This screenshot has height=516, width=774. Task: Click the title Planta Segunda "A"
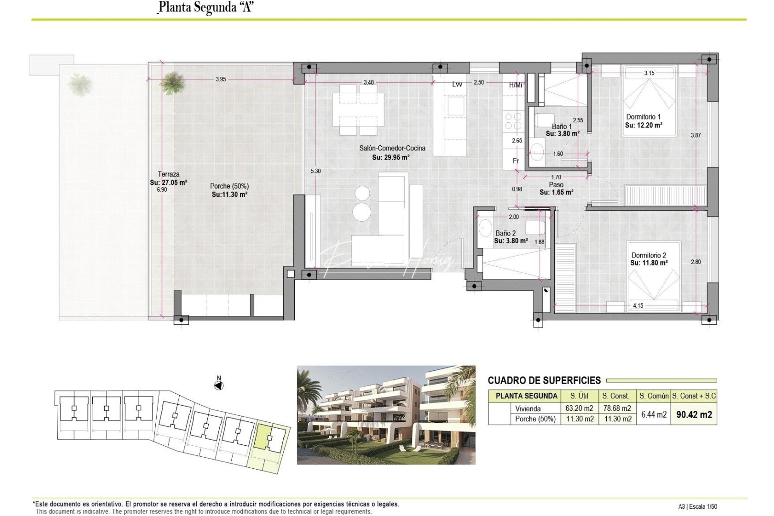205,8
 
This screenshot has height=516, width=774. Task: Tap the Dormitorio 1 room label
643,117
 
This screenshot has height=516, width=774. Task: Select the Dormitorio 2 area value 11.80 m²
649,263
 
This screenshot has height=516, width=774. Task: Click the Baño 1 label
561,127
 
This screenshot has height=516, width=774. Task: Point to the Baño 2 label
505,233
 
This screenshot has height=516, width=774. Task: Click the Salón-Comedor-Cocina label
392,148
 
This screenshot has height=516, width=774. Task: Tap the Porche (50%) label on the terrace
229,186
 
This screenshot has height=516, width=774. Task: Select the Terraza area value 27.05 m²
169,182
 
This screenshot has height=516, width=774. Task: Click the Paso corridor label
556,184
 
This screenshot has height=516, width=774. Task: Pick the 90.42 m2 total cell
694,415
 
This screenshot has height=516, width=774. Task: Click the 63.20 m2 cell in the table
579,408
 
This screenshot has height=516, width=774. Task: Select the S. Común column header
654,396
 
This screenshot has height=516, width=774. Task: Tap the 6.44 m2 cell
654,414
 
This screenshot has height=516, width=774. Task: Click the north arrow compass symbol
219,385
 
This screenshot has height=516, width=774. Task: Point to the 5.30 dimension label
315,171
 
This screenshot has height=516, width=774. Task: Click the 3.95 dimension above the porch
221,79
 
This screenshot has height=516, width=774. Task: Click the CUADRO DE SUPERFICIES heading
544,380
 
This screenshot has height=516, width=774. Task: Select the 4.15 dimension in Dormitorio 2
638,305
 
